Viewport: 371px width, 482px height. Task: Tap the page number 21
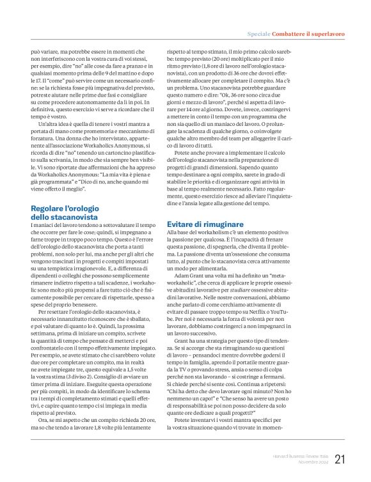tap(340, 459)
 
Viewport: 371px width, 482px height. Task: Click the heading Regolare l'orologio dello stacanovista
tap(67, 213)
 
